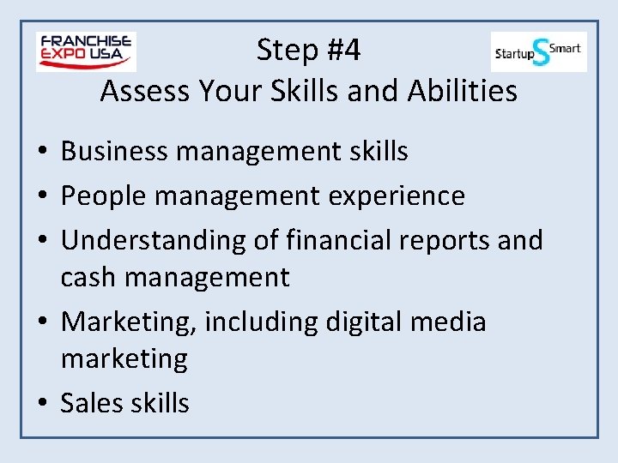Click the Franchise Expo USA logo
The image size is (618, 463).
coord(86,51)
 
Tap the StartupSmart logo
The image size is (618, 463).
coord(538,51)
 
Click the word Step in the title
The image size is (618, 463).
coord(286,51)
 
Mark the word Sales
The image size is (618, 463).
coord(89,403)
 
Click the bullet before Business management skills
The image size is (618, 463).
coord(41,153)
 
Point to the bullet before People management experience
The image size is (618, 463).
coord(41,197)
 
